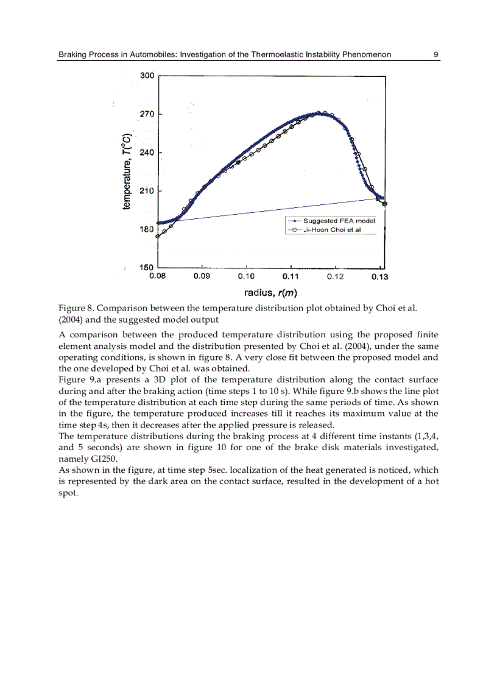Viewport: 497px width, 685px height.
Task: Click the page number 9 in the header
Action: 435,55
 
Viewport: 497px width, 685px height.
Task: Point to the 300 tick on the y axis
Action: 147,76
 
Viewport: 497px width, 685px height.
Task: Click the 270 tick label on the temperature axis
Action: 147,114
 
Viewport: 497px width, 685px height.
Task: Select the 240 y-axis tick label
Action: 147,152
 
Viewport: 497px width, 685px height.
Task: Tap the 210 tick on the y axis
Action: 147,191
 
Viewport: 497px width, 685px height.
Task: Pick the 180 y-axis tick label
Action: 147,229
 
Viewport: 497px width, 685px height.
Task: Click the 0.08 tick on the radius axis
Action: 158,276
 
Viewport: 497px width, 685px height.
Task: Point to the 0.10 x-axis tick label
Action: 246,276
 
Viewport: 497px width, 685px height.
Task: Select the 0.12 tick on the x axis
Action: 335,276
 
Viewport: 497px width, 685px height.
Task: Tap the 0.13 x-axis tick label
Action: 379,276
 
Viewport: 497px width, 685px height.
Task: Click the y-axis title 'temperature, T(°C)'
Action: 127,171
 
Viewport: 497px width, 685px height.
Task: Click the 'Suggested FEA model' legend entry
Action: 339,221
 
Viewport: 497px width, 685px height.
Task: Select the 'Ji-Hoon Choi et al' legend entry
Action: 331,230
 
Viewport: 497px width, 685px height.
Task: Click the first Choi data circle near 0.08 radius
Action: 158,236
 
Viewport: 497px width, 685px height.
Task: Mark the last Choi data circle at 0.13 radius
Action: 385,204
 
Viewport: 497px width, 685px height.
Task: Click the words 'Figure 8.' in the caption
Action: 76,308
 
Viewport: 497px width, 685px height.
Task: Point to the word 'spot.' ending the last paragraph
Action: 68,493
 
